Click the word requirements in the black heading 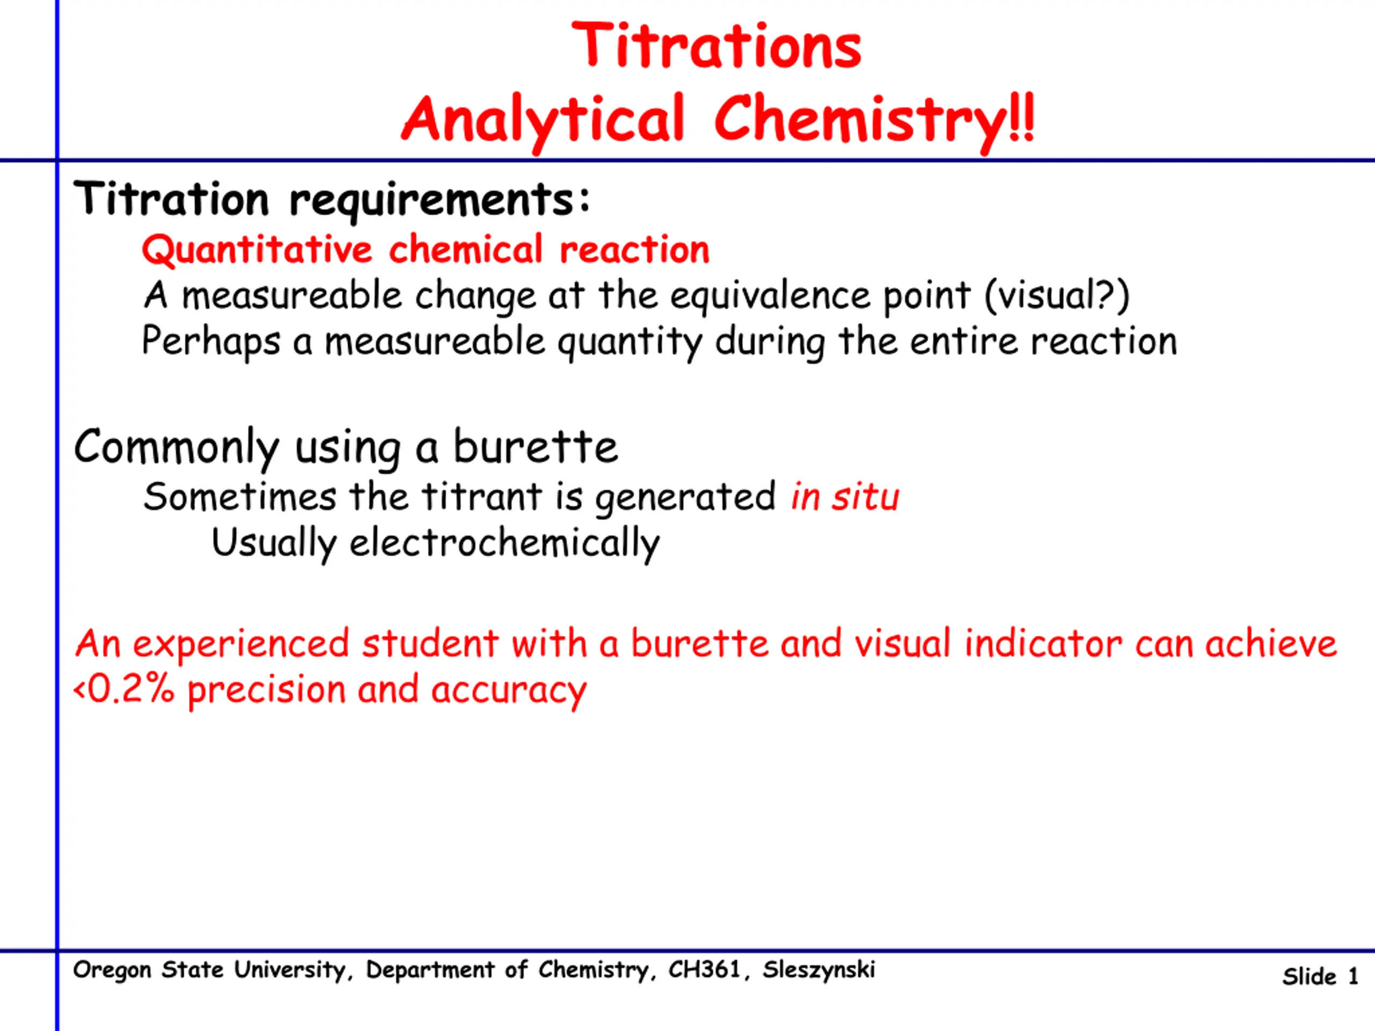click(x=440, y=200)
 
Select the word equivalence click(x=770, y=296)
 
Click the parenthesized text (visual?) click(x=1056, y=296)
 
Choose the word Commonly click(x=177, y=447)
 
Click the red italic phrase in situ click(x=845, y=497)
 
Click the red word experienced click(x=241, y=644)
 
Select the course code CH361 click(x=704, y=969)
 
